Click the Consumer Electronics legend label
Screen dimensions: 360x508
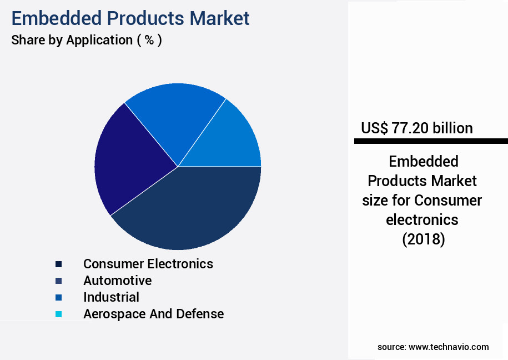pos(148,263)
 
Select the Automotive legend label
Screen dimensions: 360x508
pos(117,281)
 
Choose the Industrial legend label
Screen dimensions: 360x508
pos(111,297)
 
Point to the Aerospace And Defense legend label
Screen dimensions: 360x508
pos(153,314)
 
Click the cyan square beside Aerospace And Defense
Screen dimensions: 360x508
pos(58,314)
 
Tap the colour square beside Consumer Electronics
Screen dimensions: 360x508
pos(58,264)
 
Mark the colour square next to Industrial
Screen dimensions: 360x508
pos(58,298)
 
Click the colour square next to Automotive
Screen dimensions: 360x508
pos(58,281)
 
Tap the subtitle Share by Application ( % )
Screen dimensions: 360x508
pos(87,40)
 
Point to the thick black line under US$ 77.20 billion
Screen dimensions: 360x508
pos(431,142)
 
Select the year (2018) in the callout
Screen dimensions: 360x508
pos(423,239)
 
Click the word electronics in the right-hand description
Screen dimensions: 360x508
pos(423,219)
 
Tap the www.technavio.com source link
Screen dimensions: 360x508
pos(449,347)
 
